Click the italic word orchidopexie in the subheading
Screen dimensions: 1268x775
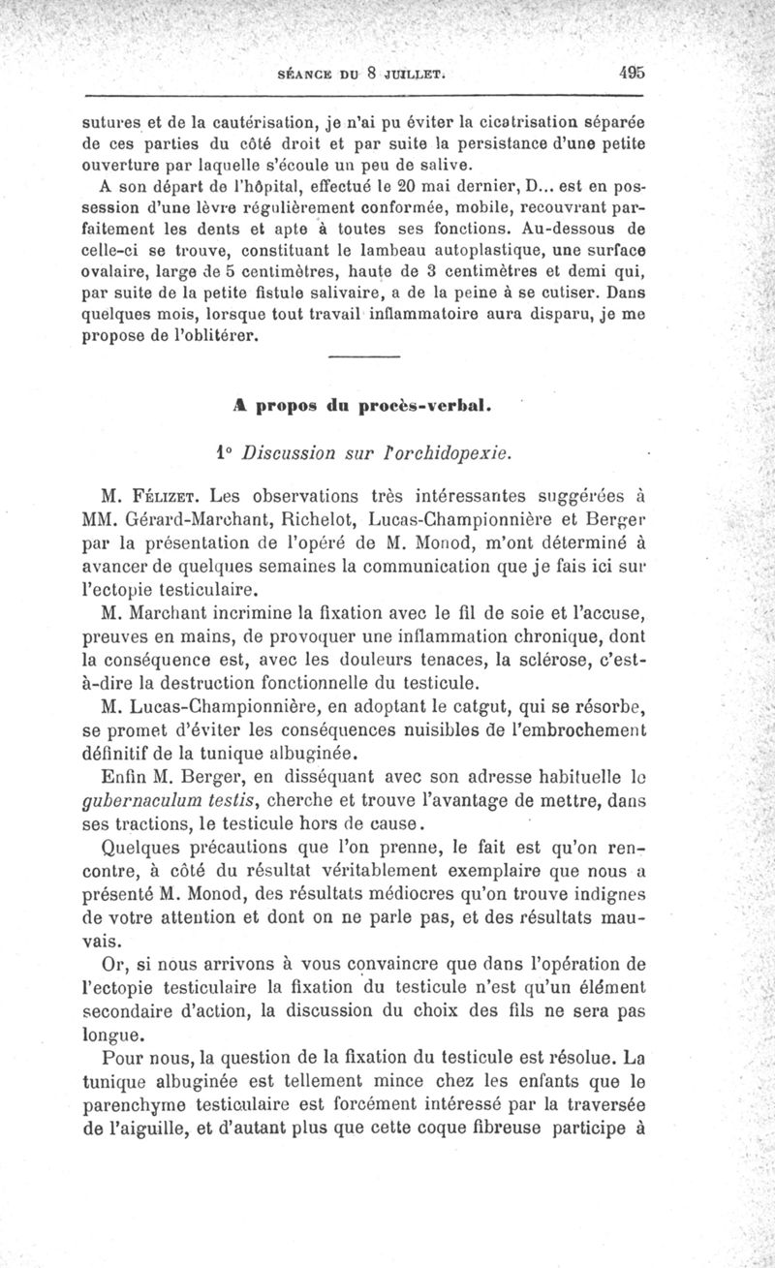(x=449, y=451)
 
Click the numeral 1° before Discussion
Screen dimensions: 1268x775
(x=223, y=451)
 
